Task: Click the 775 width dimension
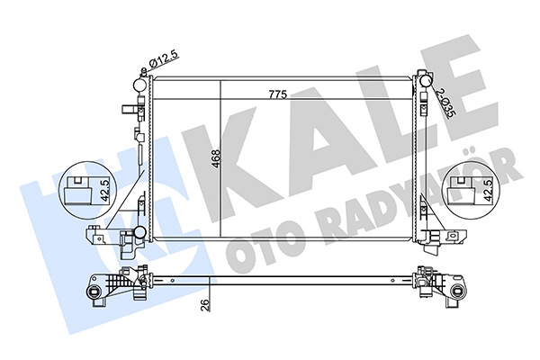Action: (277, 94)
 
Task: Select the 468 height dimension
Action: (216, 158)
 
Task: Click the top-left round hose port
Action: (140, 85)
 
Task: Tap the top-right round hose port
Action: (426, 81)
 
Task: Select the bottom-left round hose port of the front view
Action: (140, 232)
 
